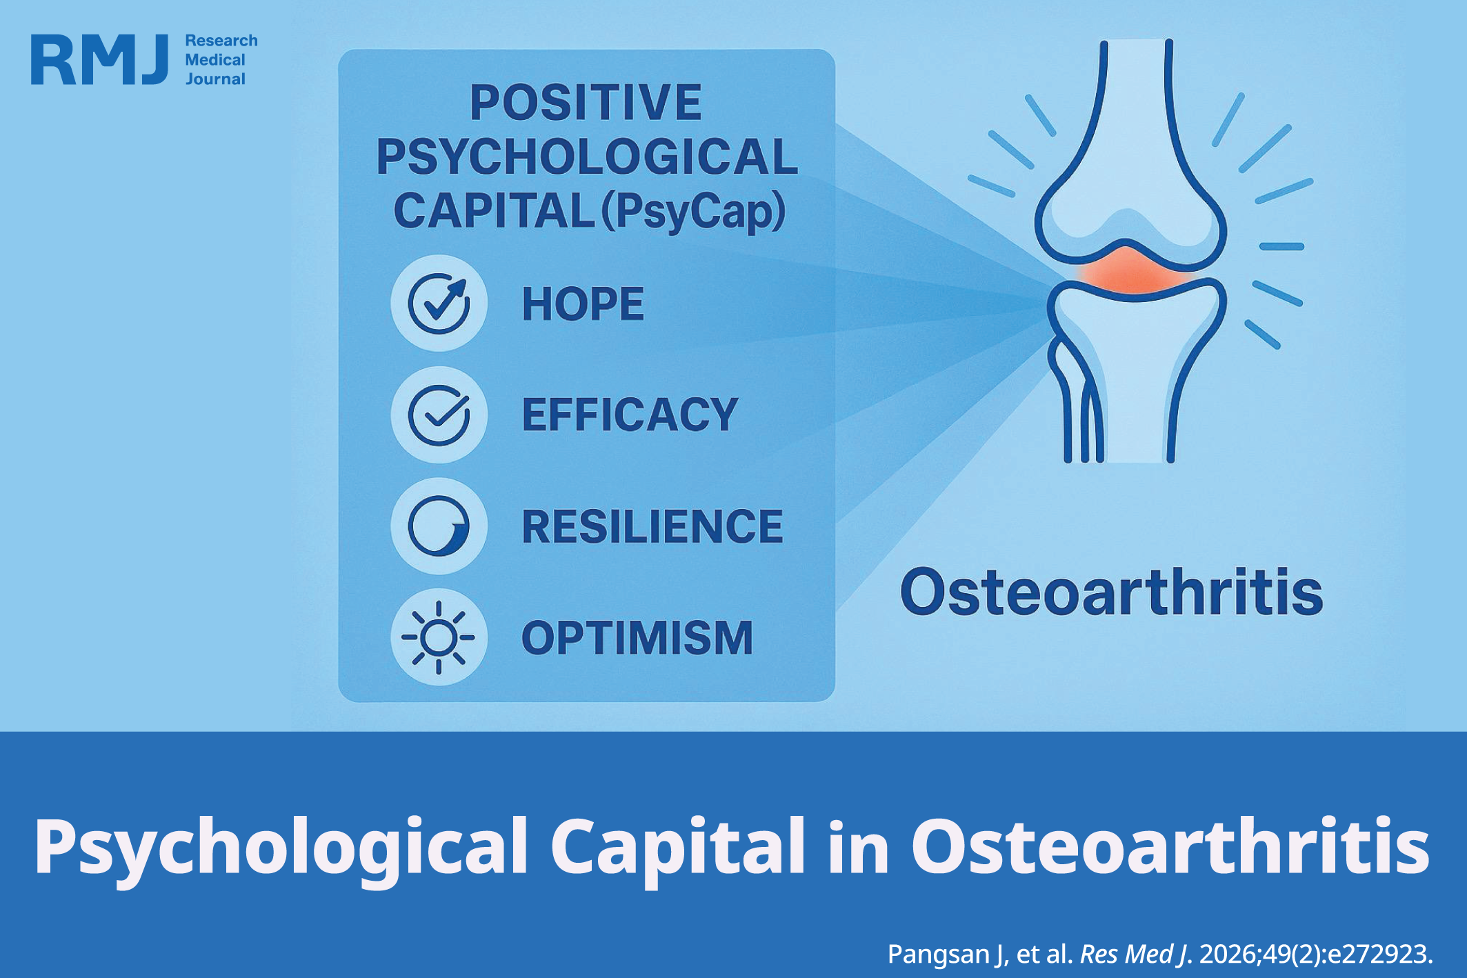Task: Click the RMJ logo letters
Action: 99,60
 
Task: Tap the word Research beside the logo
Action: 221,41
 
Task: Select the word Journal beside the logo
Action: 215,79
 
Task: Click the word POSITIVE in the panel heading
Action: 586,102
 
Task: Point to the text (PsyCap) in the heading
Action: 694,211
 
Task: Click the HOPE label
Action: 583,304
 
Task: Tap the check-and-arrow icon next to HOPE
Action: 439,303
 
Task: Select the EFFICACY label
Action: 630,415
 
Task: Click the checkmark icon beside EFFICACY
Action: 439,415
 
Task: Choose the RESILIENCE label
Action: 652,527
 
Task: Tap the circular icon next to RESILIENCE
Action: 439,526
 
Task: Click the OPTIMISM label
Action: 637,638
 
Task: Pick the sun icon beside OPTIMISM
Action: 439,637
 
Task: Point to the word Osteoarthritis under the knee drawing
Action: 1112,592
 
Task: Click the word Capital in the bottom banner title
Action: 677,846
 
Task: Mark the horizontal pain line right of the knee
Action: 1281,246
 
